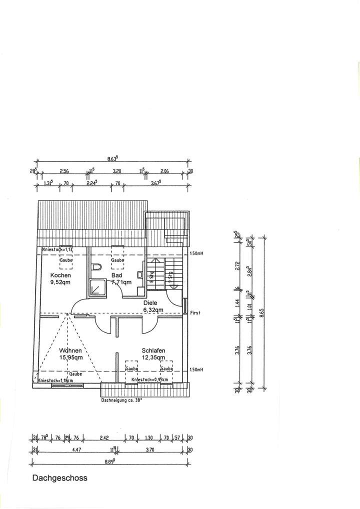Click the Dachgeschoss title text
59,478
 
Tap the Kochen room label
60,275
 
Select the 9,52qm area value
60,282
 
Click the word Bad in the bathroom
117,275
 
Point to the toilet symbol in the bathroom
97,267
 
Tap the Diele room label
150,302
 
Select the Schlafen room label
153,350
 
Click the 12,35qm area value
153,357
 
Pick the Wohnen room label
70,350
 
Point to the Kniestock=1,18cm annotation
56,380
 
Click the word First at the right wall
195,313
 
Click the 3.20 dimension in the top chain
117,171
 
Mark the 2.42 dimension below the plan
104,438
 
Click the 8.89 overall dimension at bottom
112,460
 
